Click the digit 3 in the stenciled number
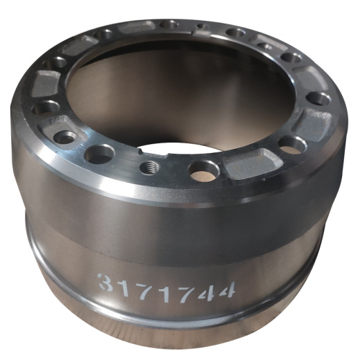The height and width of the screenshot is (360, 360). click(107, 283)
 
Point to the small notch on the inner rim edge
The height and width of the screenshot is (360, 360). click(141, 152)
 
